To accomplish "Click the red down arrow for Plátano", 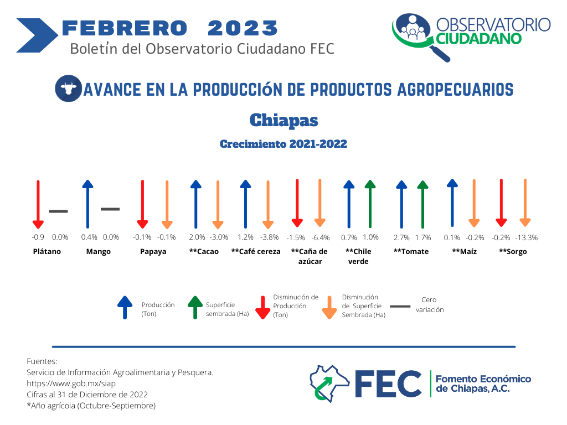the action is click(x=38, y=204).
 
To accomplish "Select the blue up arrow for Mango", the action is click(x=87, y=204).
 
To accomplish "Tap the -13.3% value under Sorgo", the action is click(x=526, y=237).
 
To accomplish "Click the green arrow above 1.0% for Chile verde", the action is click(x=370, y=204).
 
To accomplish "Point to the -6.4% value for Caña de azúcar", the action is click(x=321, y=237).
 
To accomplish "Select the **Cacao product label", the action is click(x=204, y=252).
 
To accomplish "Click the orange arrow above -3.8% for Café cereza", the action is click(x=267, y=204).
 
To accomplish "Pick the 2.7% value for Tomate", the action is click(x=401, y=237).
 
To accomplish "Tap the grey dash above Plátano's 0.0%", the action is click(x=58, y=211).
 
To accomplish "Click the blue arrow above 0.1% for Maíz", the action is click(x=452, y=203).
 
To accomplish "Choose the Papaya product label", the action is click(x=153, y=252).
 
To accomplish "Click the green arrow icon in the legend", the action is click(x=195, y=308).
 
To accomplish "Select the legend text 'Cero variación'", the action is click(x=430, y=305).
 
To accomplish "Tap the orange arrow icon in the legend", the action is click(x=329, y=308).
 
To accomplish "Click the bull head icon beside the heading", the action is click(x=68, y=88).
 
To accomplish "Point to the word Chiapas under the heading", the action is click(x=284, y=120).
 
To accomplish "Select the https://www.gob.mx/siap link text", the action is click(x=71, y=383).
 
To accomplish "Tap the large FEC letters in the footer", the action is click(x=388, y=384).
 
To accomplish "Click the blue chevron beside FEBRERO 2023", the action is click(x=37, y=35).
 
